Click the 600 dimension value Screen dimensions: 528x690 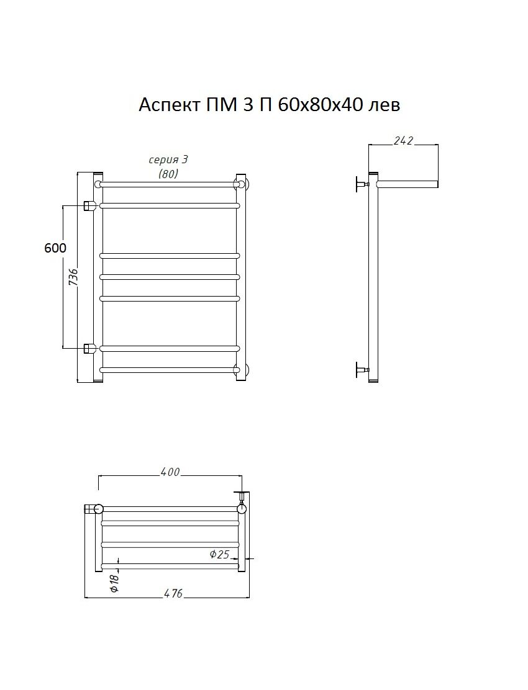click(55, 248)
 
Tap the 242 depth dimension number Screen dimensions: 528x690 click(403, 140)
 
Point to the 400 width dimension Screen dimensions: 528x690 click(170, 472)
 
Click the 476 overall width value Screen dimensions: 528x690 click(173, 593)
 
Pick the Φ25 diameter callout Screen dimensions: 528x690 click(219, 554)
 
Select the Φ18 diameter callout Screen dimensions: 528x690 click(114, 583)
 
